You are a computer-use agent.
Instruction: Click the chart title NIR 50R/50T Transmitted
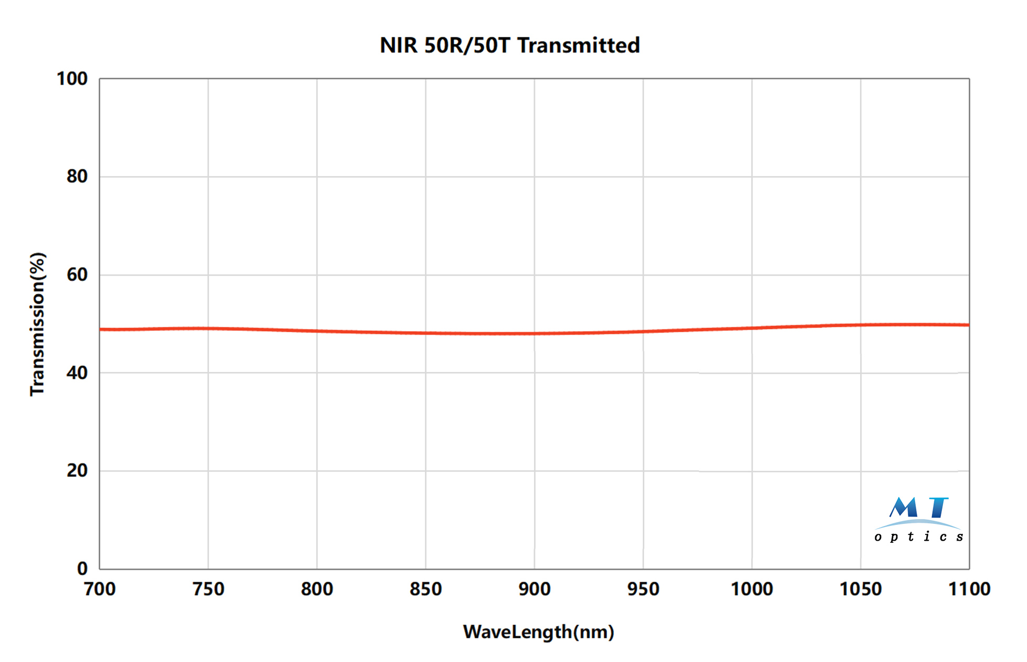509,46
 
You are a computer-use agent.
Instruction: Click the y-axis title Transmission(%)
38,324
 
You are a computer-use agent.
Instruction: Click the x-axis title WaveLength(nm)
538,632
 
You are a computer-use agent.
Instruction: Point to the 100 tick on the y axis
72,79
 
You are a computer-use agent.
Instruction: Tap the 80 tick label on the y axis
77,177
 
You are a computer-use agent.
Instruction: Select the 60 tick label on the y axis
77,275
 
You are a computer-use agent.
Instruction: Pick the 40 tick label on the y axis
77,373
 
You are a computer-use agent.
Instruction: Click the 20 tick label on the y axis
77,471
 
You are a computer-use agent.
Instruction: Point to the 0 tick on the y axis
82,568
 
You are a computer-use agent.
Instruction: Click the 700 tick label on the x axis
100,589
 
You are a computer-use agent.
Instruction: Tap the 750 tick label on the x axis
208,589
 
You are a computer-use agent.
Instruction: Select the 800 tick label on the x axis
317,589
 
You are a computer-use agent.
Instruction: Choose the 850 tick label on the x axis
426,589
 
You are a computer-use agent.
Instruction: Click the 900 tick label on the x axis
535,589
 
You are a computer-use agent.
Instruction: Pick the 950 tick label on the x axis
643,589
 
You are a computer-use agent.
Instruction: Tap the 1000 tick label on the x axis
752,589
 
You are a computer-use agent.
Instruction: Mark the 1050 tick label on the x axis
861,589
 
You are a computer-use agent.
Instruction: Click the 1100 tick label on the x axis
969,589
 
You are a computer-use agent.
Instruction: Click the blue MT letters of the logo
919,508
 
